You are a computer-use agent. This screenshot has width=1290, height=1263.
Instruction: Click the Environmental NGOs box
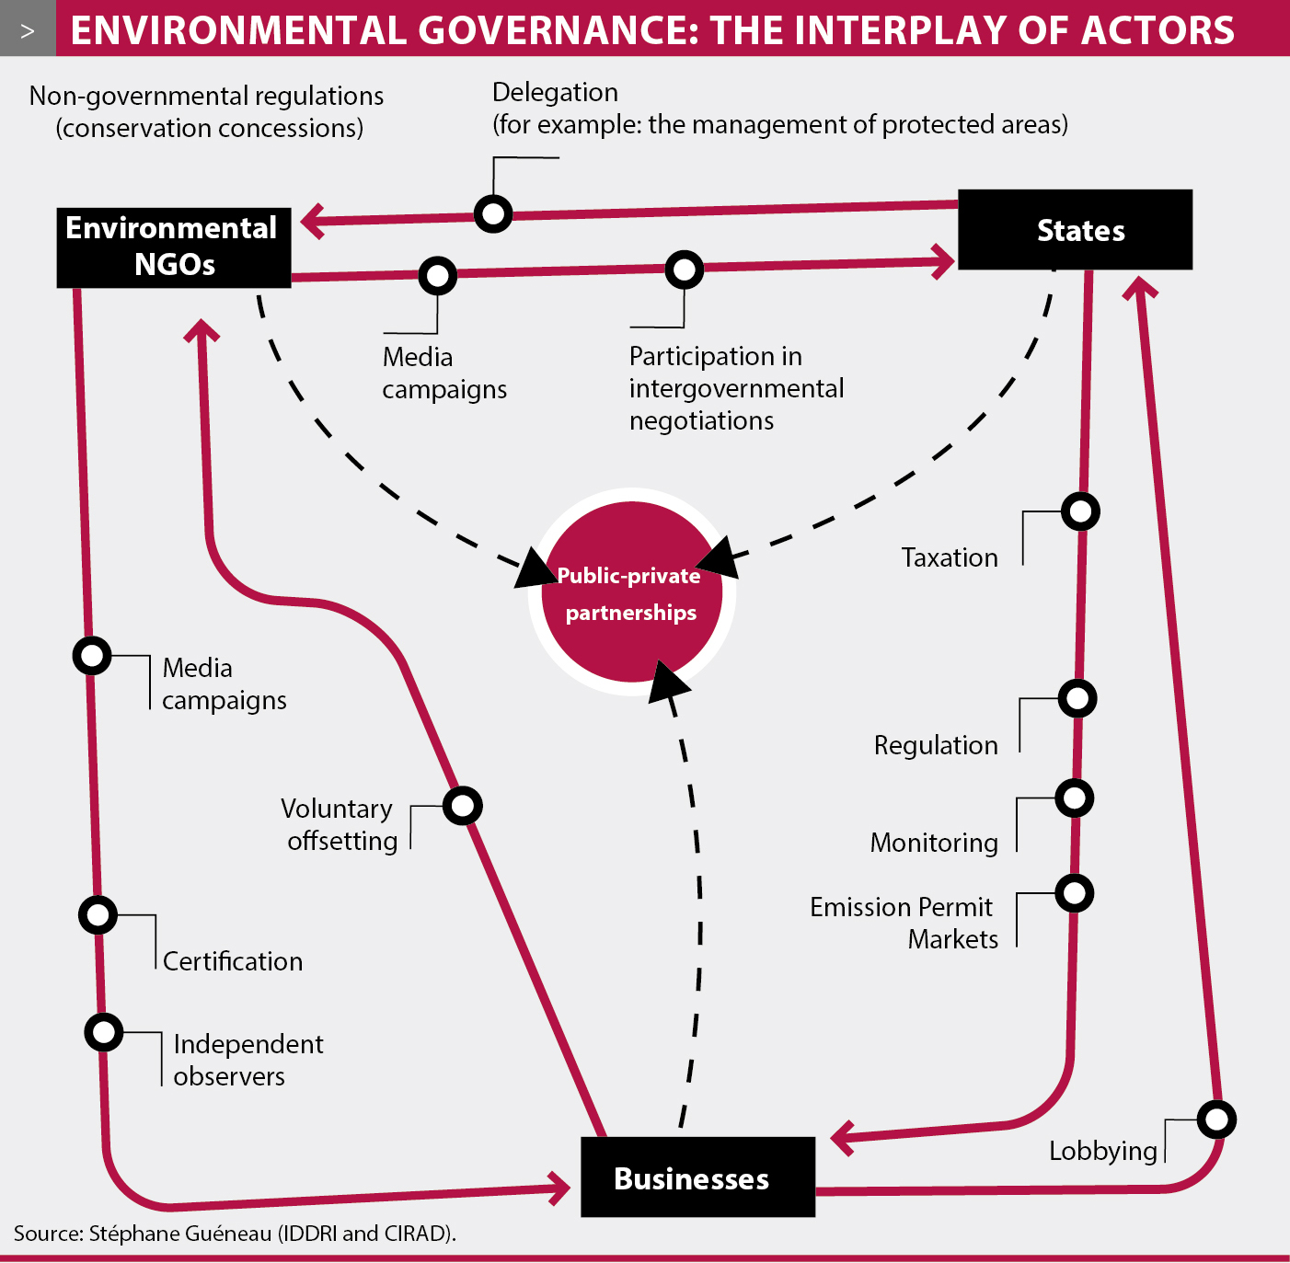pos(174,247)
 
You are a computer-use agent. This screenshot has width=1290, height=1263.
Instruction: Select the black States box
pos(1075,230)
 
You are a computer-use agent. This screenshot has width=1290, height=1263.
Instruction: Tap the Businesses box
pos(697,1177)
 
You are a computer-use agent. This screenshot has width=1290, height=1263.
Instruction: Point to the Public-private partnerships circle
pos(631,593)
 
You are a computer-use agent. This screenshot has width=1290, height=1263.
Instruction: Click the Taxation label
pos(950,557)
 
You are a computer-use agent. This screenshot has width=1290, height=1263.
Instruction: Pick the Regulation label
pos(936,745)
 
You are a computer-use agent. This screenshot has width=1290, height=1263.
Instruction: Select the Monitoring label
pos(934,843)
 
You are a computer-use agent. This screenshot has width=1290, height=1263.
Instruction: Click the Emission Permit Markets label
pos(904,923)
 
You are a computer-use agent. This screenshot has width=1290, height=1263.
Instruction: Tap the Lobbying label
pos(1102,1151)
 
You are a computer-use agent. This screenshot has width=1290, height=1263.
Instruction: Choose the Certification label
pos(233,961)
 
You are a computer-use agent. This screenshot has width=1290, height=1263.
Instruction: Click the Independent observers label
pos(248,1060)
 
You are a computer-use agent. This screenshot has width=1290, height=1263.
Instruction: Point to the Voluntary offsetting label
pos(340,824)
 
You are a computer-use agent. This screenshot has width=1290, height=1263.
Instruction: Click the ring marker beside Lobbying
pos(1216,1119)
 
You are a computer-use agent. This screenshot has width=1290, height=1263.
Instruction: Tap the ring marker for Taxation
pos(1080,511)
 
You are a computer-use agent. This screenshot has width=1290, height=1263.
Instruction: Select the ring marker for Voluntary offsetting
pos(462,806)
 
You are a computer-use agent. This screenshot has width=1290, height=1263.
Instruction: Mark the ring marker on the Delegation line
pos(493,213)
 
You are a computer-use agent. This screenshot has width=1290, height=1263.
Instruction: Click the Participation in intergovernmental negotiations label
pos(735,388)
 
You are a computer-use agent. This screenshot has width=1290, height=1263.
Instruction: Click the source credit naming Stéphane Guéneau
pos(235,1233)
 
